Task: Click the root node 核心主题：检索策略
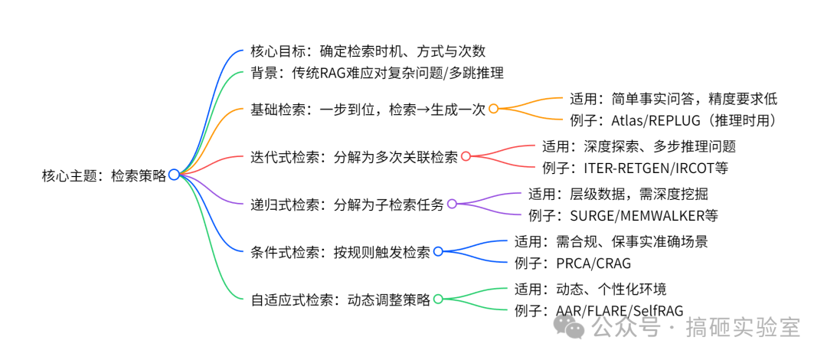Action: click(x=103, y=175)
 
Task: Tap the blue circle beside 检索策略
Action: click(x=174, y=175)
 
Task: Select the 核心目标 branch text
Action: click(x=368, y=52)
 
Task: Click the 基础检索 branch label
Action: click(x=368, y=109)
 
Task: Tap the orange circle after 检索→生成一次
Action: click(x=493, y=109)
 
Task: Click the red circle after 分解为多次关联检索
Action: click(x=466, y=156)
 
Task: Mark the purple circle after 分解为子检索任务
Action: click(x=452, y=204)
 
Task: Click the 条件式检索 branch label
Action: click(x=341, y=251)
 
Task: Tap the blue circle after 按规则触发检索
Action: click(x=438, y=251)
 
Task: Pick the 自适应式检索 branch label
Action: click(x=341, y=299)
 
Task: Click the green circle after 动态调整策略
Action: click(x=438, y=299)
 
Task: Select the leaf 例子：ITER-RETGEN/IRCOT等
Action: click(x=635, y=168)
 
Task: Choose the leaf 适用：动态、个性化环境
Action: click(x=590, y=289)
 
